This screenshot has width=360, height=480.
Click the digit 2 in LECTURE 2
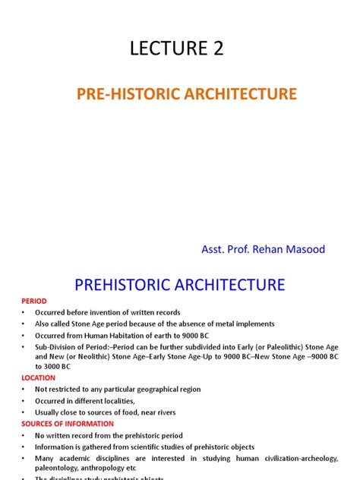coord(216,50)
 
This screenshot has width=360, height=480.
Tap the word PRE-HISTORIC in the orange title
coord(141,95)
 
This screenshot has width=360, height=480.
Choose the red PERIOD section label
coord(34,302)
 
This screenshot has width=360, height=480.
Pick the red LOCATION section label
coord(38,377)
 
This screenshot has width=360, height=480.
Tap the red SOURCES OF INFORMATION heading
coord(68,424)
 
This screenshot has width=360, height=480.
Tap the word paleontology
coord(56,469)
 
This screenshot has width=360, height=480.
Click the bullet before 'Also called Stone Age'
coord(24,324)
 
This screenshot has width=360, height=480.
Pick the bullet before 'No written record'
coord(24,436)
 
